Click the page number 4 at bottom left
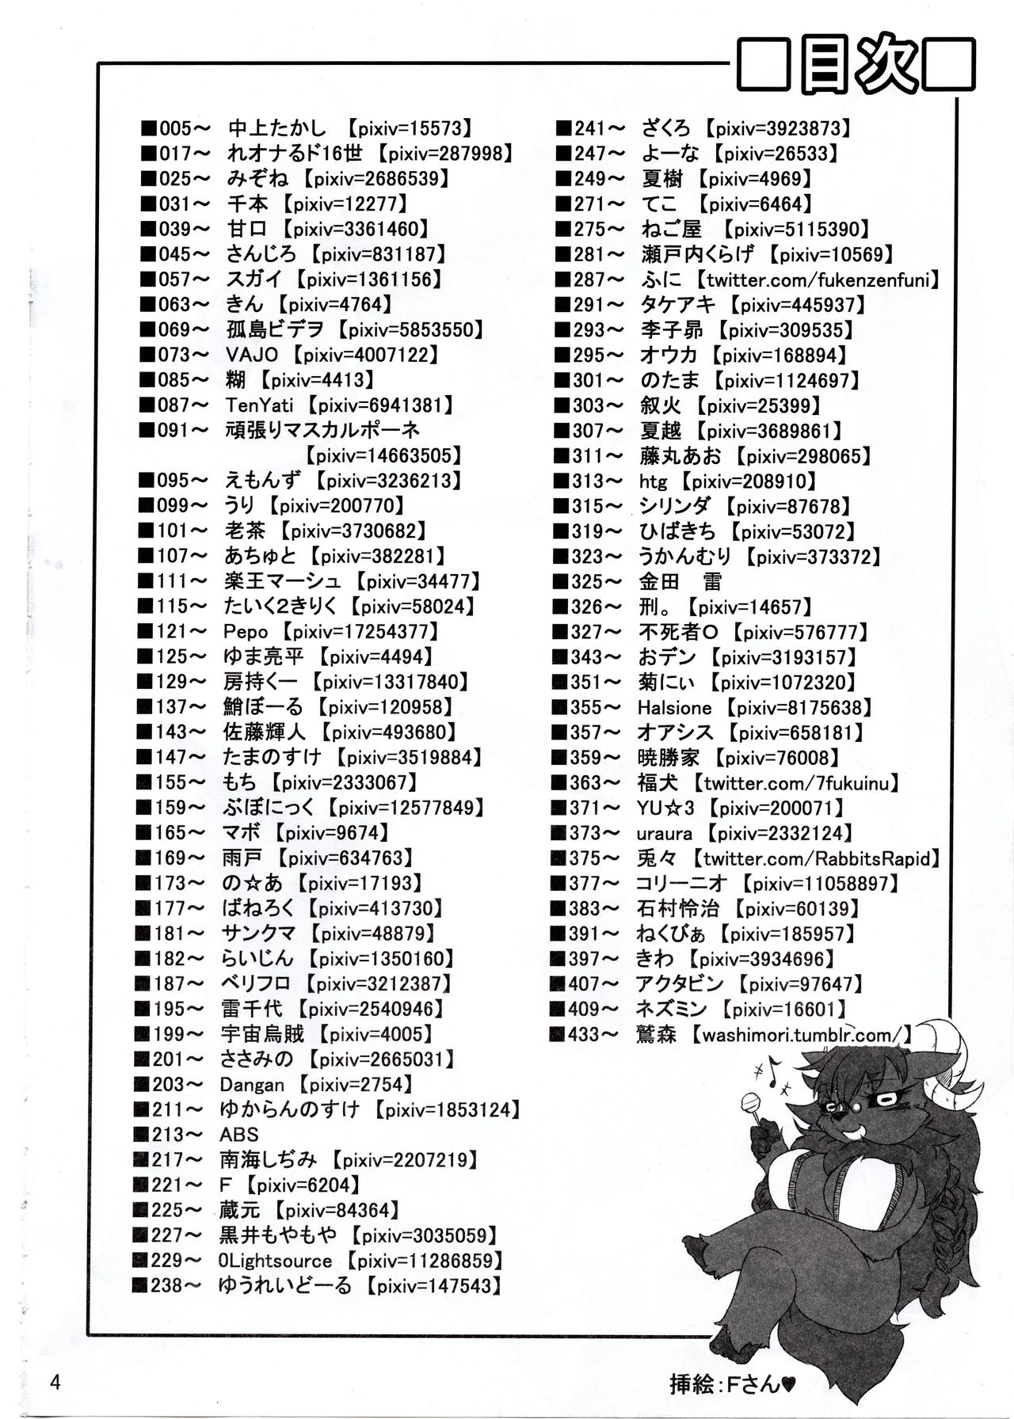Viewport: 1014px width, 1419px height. pos(55,1383)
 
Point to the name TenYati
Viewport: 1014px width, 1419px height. pos(259,406)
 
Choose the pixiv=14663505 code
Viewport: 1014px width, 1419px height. pos(383,456)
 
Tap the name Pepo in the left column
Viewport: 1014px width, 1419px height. pos(246,633)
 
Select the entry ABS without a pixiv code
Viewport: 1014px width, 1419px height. pos(239,1135)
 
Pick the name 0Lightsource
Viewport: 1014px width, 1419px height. pos(274,1261)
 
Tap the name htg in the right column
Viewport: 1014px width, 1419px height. pos(654,481)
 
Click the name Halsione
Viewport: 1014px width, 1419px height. pos(674,708)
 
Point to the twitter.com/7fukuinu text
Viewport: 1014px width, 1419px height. pos(797,784)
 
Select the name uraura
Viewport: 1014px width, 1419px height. pos(664,834)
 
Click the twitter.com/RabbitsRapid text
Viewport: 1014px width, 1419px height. pos(816,859)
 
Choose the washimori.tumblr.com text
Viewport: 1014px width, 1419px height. pos(801,1035)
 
